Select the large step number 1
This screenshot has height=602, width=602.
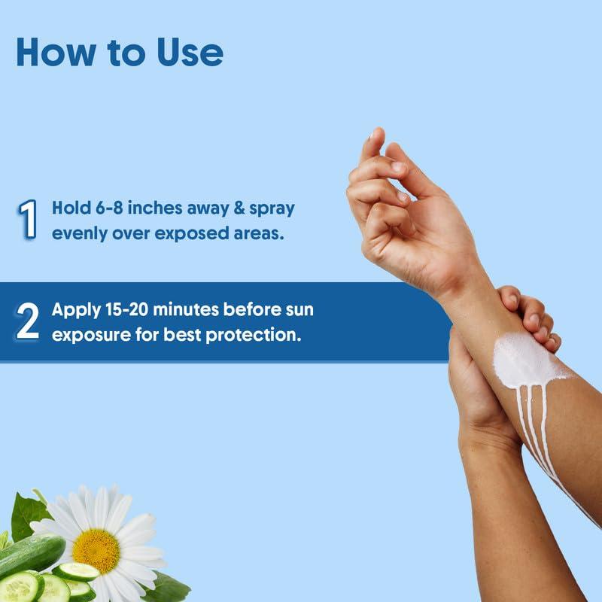pyautogui.click(x=27, y=219)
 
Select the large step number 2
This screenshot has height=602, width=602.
pyautogui.click(x=27, y=321)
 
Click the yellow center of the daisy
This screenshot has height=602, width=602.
pyautogui.click(x=96, y=551)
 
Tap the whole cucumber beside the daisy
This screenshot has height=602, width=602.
pyautogui.click(x=30, y=556)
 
